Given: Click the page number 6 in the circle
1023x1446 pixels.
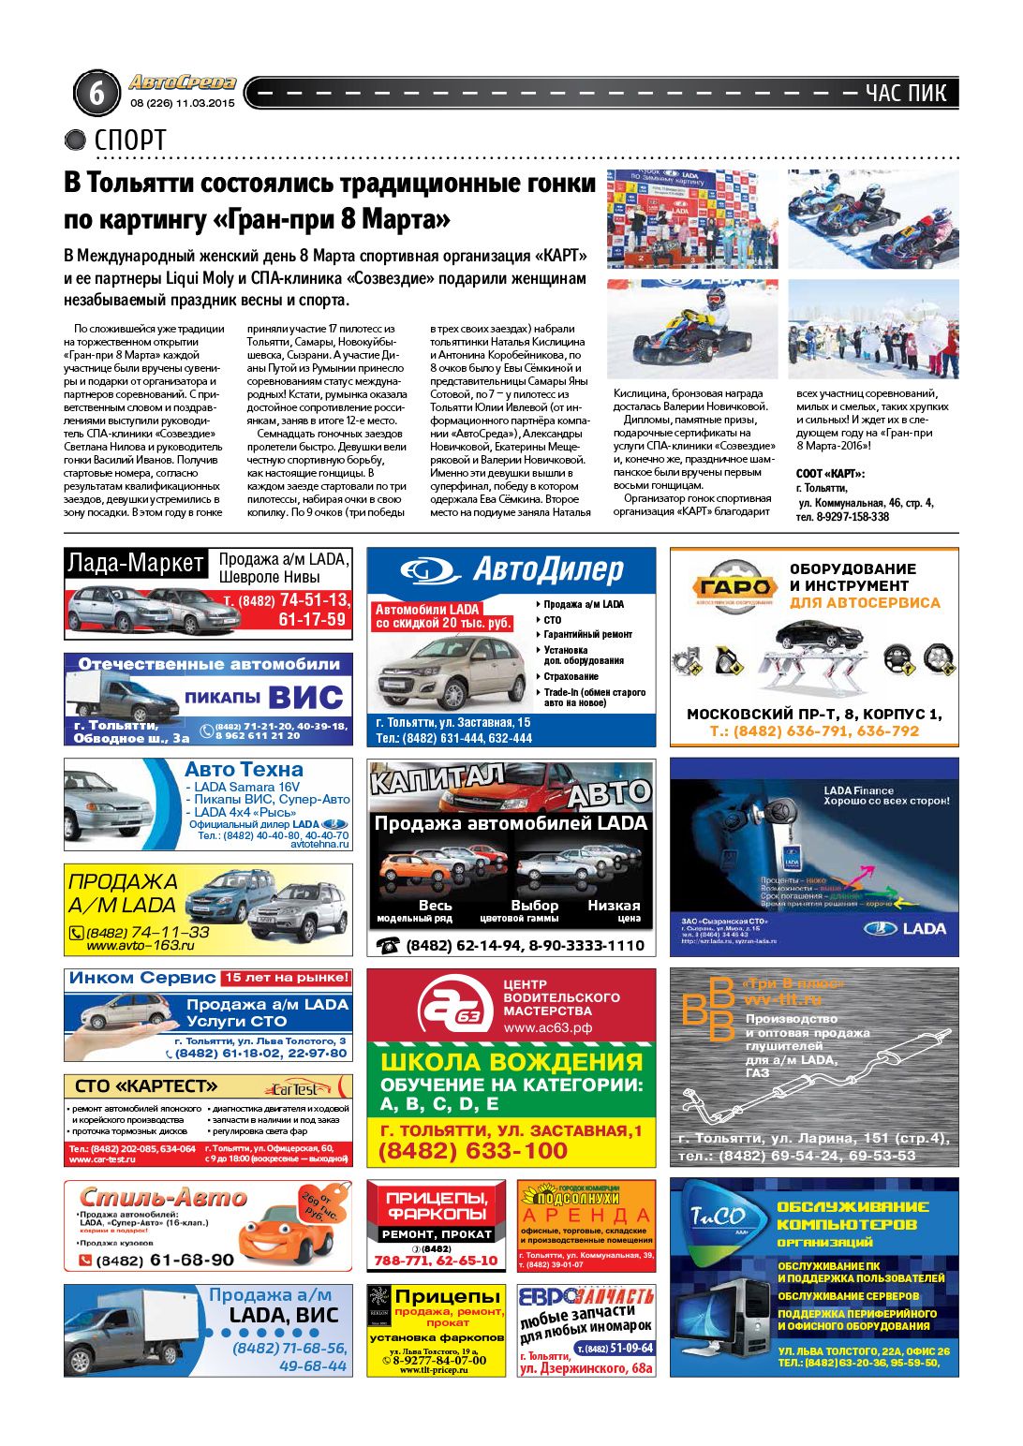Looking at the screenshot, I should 96,93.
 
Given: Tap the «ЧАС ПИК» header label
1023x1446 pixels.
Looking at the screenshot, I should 906,93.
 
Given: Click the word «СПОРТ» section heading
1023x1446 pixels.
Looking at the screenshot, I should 130,140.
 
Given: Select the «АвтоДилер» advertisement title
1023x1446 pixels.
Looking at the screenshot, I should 548,569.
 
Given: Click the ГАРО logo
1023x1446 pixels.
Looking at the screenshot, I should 735,587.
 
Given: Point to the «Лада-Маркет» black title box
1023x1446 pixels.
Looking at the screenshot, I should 136,563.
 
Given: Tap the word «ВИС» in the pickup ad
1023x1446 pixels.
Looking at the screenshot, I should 305,698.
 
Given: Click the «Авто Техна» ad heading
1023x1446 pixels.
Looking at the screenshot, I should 244,769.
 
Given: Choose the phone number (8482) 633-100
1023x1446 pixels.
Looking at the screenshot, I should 472,1151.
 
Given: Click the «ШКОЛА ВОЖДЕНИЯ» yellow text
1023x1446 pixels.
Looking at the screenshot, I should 511,1062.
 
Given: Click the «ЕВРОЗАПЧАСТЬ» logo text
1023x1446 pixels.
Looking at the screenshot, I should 586,1297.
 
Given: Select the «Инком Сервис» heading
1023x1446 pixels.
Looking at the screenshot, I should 142,978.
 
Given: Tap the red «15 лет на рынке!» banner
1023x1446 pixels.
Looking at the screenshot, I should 286,978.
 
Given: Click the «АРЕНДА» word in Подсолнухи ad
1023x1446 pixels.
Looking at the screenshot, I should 586,1217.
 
